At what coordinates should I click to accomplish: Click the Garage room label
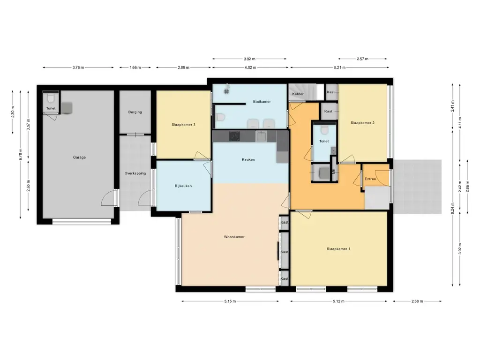(x=79, y=157)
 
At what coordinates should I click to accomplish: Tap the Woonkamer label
(x=234, y=237)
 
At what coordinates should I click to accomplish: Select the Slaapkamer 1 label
(x=338, y=249)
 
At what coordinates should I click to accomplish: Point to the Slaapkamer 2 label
(x=362, y=123)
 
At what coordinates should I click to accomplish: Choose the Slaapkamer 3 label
(x=183, y=125)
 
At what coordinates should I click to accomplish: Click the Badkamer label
(x=262, y=102)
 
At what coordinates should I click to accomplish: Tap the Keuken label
(x=248, y=159)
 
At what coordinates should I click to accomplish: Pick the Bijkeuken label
(x=183, y=186)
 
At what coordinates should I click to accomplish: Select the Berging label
(x=135, y=112)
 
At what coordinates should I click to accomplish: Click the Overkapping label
(x=135, y=173)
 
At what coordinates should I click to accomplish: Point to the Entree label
(x=370, y=179)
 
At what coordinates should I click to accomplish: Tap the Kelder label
(x=298, y=94)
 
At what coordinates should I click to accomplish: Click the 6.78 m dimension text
(x=21, y=155)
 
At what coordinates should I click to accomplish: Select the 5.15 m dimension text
(x=230, y=301)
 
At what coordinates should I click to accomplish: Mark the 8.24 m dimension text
(x=453, y=209)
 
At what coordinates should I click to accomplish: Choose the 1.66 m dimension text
(x=135, y=67)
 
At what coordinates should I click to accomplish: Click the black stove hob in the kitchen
(x=234, y=136)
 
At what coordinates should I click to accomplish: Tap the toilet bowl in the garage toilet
(x=51, y=98)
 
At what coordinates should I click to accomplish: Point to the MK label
(x=334, y=171)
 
